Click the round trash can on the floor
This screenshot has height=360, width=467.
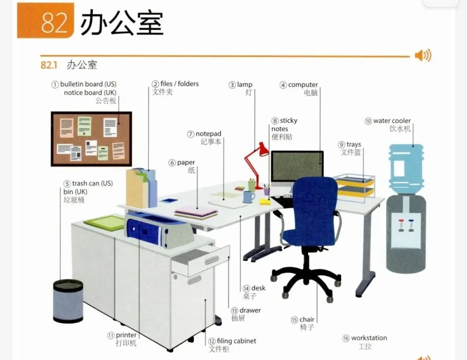pos(68,301)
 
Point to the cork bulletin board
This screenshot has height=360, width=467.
pos(91,139)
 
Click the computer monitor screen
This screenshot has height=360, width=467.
pos(297,167)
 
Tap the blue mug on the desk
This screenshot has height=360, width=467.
pos(248,197)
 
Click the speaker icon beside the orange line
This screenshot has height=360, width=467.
pos(422,56)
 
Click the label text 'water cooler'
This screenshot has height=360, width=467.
pos(392,121)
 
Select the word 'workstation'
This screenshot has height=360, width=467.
pos(369,338)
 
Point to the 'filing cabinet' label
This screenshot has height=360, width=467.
pos(236,341)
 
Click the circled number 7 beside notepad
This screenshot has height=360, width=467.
pos(191,134)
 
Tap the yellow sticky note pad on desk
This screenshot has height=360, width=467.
pos(265,202)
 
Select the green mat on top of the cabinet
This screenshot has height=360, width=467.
pos(105,222)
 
